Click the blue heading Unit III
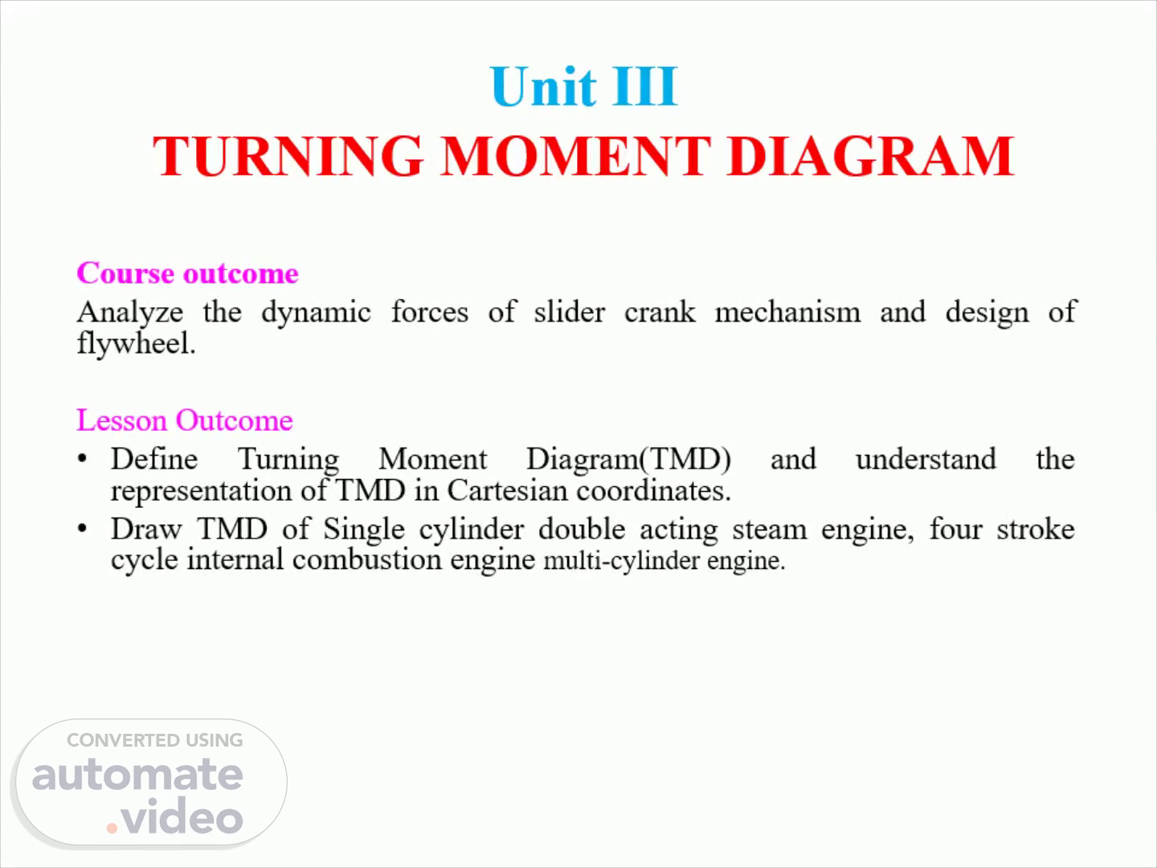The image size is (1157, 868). pyautogui.click(x=583, y=87)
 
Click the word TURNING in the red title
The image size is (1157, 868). pyautogui.click(x=288, y=156)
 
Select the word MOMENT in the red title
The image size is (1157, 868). pyautogui.click(x=576, y=156)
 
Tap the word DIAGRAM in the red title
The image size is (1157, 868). pyautogui.click(x=870, y=156)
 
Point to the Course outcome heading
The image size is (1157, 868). pyautogui.click(x=188, y=273)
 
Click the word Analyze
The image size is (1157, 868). pyautogui.click(x=130, y=313)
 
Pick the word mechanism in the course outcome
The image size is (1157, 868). pyautogui.click(x=787, y=312)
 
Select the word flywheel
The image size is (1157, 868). pyautogui.click(x=137, y=344)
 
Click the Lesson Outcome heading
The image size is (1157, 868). pyautogui.click(x=185, y=420)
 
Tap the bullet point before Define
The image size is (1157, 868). pyautogui.click(x=82, y=458)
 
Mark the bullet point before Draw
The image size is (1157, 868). pyautogui.click(x=82, y=528)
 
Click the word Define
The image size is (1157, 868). pyautogui.click(x=154, y=458)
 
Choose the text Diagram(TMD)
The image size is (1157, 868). pyautogui.click(x=629, y=460)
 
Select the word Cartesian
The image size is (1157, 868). pyautogui.click(x=507, y=490)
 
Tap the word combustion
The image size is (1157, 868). pyautogui.click(x=367, y=559)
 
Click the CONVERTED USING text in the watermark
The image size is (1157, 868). pyautogui.click(x=155, y=740)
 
